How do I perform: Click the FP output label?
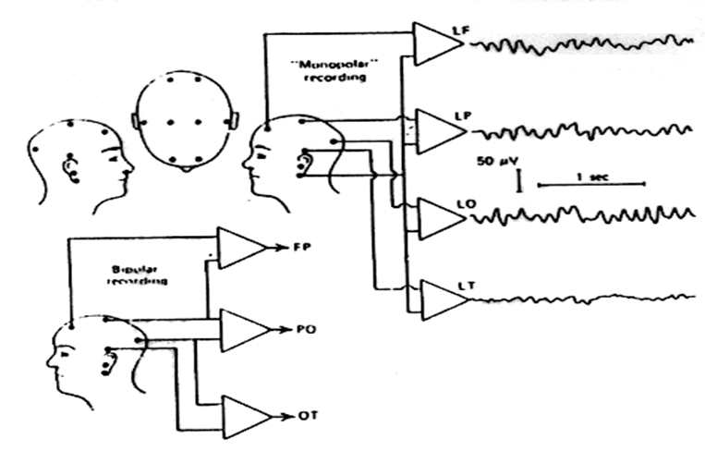[300, 248]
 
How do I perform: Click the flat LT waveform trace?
[591, 298]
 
